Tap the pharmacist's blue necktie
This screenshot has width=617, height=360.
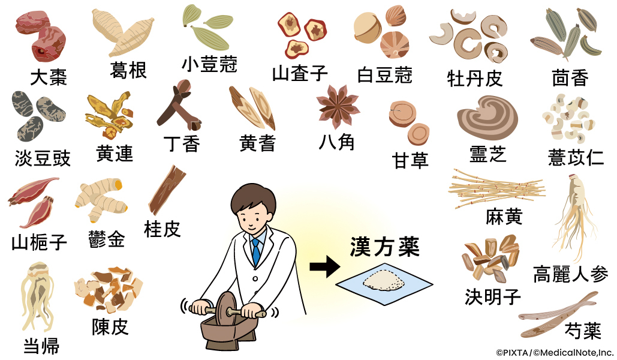click(x=256, y=252)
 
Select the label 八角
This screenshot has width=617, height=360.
click(x=338, y=142)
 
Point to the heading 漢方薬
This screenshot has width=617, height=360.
click(x=385, y=247)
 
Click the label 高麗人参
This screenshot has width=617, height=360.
click(x=570, y=274)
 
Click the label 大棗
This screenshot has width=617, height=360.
click(x=49, y=77)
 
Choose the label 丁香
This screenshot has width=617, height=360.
click(x=181, y=143)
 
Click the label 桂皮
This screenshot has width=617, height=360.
click(x=162, y=229)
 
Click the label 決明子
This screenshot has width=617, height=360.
click(x=493, y=296)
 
